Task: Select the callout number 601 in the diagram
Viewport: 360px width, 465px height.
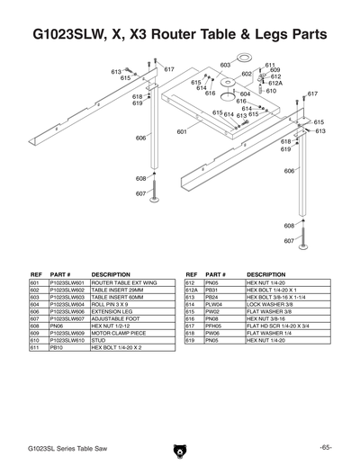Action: click(x=182, y=131)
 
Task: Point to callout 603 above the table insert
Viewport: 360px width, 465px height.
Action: click(x=225, y=65)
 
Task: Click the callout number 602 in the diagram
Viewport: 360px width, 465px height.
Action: click(x=246, y=74)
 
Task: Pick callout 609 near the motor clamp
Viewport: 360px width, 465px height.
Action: click(x=274, y=70)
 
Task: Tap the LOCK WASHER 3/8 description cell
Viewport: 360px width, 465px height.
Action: click(x=269, y=306)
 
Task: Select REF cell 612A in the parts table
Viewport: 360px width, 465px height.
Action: click(x=191, y=291)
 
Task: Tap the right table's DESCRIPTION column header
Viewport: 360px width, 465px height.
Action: click(x=265, y=273)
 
